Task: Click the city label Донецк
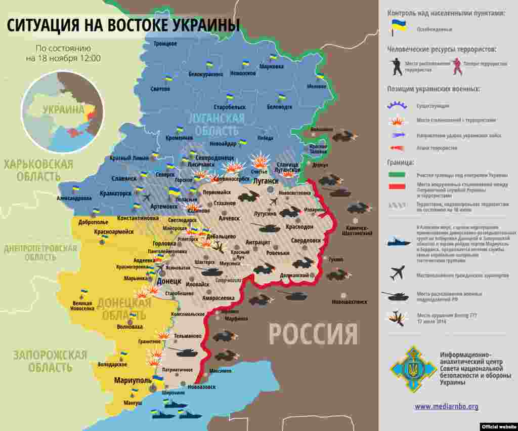tap(168, 281)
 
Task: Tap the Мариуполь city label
tap(133, 380)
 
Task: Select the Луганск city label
tap(266, 181)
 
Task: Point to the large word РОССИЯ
tap(313, 334)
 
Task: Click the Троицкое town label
tap(165, 44)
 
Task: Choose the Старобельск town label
tap(230, 107)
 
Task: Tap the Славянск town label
tap(124, 178)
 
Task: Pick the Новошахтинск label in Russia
tap(349, 302)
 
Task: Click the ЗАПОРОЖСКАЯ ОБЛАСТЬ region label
tap(50, 361)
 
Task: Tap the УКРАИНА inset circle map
tap(63, 111)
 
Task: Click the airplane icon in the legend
tap(398, 273)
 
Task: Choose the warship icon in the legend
tap(399, 242)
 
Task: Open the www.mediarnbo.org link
tap(446, 406)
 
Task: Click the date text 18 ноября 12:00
tap(63, 58)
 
